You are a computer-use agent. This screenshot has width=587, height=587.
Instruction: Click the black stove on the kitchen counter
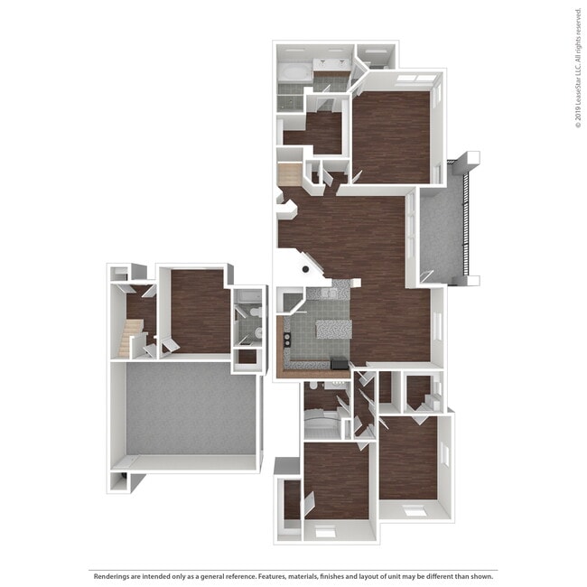coord(288,340)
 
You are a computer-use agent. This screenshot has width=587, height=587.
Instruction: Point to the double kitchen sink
coord(339,291)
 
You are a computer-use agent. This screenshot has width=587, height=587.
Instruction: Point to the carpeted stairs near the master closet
coord(289,174)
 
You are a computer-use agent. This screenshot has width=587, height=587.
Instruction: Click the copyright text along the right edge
coord(577,69)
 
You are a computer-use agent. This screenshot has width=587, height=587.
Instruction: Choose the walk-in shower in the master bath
coord(290,101)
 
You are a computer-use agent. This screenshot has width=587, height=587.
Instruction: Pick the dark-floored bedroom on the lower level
coord(199,312)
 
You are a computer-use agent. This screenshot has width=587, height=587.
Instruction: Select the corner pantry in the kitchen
coord(291,301)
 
